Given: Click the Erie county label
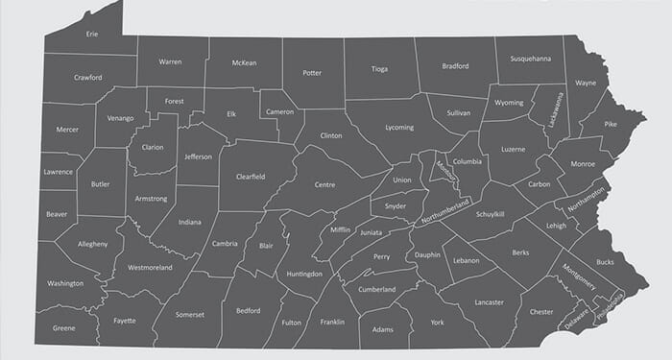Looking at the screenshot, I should [92, 34].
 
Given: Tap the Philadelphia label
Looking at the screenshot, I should [609, 310].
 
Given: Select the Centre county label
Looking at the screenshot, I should [324, 183].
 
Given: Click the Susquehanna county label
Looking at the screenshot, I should [530, 59].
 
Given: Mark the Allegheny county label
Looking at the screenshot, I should [92, 244].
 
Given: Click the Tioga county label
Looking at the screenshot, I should [380, 69].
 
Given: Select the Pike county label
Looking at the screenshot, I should [612, 124].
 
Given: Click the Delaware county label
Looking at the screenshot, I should [577, 320].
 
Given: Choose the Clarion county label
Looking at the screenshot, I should [153, 147].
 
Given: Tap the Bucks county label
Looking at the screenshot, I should [605, 260].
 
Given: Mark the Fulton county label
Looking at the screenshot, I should [291, 323].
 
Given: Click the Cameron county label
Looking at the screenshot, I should [278, 110].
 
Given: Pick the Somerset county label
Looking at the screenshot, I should [191, 313].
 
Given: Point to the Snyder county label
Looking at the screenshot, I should [396, 204].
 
